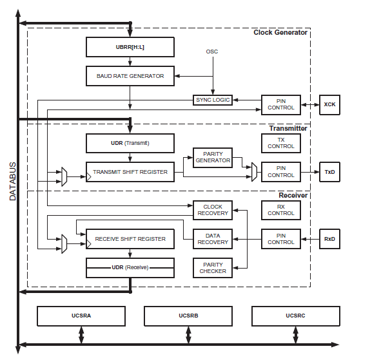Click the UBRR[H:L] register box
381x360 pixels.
click(x=130, y=47)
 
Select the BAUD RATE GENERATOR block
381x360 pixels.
click(x=130, y=76)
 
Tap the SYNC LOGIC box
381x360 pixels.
click(x=213, y=100)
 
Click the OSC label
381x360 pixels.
click(x=212, y=52)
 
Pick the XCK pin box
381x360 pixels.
click(x=329, y=104)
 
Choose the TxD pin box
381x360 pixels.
click(x=329, y=172)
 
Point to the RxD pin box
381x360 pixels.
click(x=329, y=239)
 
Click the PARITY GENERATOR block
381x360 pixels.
click(x=213, y=158)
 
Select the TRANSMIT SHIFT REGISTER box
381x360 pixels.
click(x=130, y=172)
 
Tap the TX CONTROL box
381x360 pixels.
click(x=281, y=143)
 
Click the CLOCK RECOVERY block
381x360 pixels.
click(x=213, y=210)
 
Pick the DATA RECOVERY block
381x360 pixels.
click(x=213, y=239)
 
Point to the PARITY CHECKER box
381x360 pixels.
click(x=213, y=268)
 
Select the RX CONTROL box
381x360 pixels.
click(x=281, y=210)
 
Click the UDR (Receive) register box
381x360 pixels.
click(x=130, y=268)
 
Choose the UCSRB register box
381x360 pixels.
click(x=188, y=316)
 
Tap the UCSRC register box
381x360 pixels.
click(x=296, y=316)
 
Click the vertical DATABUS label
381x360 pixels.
click(x=13, y=182)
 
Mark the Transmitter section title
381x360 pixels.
click(x=288, y=128)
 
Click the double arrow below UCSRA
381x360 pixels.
click(x=81, y=335)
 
